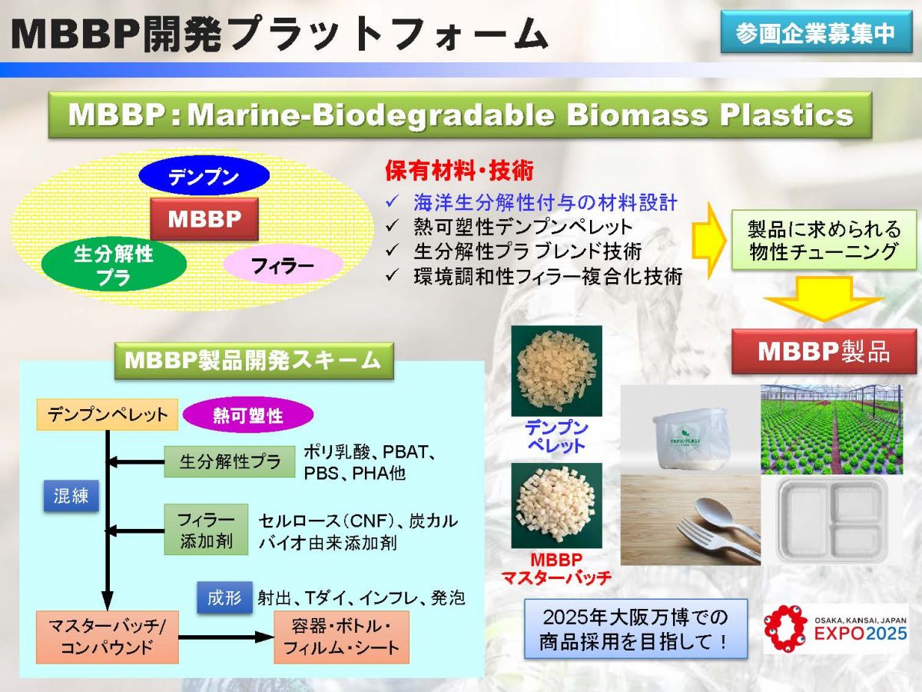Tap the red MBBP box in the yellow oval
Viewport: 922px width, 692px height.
tap(204, 220)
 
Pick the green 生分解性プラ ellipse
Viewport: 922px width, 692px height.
tap(114, 265)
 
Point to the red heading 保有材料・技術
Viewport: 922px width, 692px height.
tap(459, 169)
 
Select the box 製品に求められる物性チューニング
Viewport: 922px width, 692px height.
tap(823, 241)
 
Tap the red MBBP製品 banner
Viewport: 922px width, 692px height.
tap(823, 351)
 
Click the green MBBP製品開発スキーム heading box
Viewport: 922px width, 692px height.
tap(254, 360)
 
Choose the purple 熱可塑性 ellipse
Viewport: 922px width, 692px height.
tap(248, 416)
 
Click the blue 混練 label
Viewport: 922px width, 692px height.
tap(71, 496)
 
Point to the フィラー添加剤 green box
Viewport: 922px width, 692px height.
tap(206, 530)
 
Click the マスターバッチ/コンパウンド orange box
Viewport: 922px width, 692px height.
tap(108, 637)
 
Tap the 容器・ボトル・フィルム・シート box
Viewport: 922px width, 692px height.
tap(341, 637)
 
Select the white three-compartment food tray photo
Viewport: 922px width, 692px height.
tap(831, 516)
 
